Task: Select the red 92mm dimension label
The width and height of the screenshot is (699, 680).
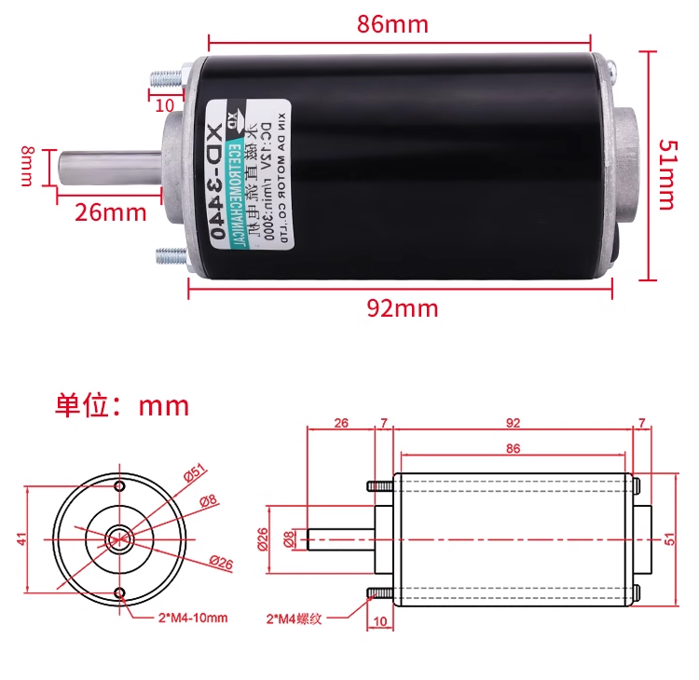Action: tap(402, 307)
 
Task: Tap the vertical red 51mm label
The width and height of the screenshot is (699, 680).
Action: tap(666, 175)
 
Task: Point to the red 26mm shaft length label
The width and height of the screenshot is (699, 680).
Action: tap(111, 212)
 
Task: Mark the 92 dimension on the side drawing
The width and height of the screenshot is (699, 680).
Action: tap(513, 423)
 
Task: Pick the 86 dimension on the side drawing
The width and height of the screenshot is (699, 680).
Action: tap(513, 448)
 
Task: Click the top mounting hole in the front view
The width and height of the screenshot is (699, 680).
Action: tap(119, 487)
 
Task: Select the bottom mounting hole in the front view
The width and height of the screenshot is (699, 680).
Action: tap(119, 594)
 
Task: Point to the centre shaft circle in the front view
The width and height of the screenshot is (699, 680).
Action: tap(119, 538)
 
